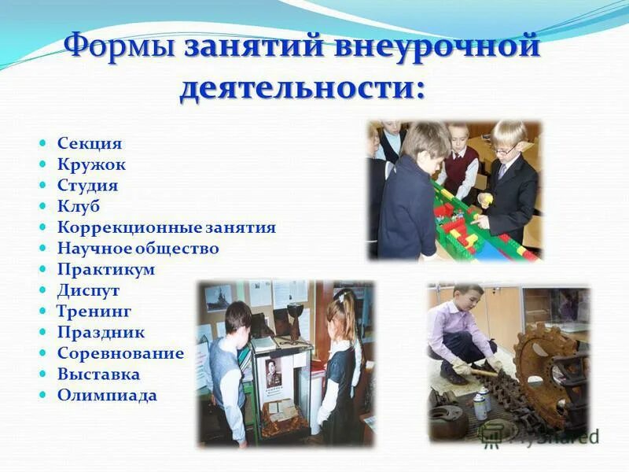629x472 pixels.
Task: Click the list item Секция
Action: (90, 144)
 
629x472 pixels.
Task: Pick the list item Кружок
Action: (91, 165)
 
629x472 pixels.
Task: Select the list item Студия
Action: (87, 186)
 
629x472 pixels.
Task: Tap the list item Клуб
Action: (79, 207)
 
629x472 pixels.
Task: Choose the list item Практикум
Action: (106, 270)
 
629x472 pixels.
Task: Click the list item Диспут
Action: (88, 290)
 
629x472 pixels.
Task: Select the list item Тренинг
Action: (94, 312)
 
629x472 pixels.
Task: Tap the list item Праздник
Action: (101, 332)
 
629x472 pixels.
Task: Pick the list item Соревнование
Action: (120, 353)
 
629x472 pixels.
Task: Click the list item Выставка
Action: (98, 374)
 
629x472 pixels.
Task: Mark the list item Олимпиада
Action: (107, 396)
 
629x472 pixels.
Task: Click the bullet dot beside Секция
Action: (44, 145)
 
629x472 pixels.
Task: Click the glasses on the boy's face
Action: (506, 149)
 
